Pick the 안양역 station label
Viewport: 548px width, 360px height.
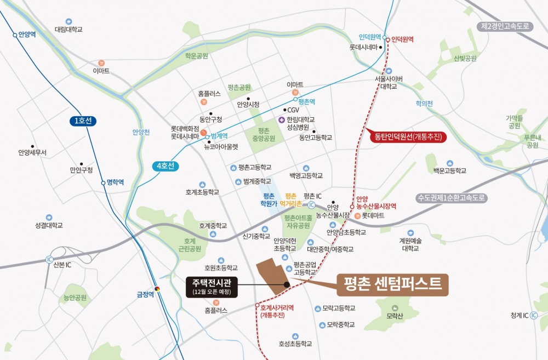tap(27, 34)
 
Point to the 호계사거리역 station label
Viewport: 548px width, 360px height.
tap(277, 308)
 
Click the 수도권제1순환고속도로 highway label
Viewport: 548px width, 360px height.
tap(451, 197)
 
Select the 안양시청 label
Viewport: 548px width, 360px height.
tap(248, 104)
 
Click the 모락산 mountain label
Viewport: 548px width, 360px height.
tap(395, 316)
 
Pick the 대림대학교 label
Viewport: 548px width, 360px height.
tap(68, 29)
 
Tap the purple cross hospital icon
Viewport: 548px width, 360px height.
tap(282, 119)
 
